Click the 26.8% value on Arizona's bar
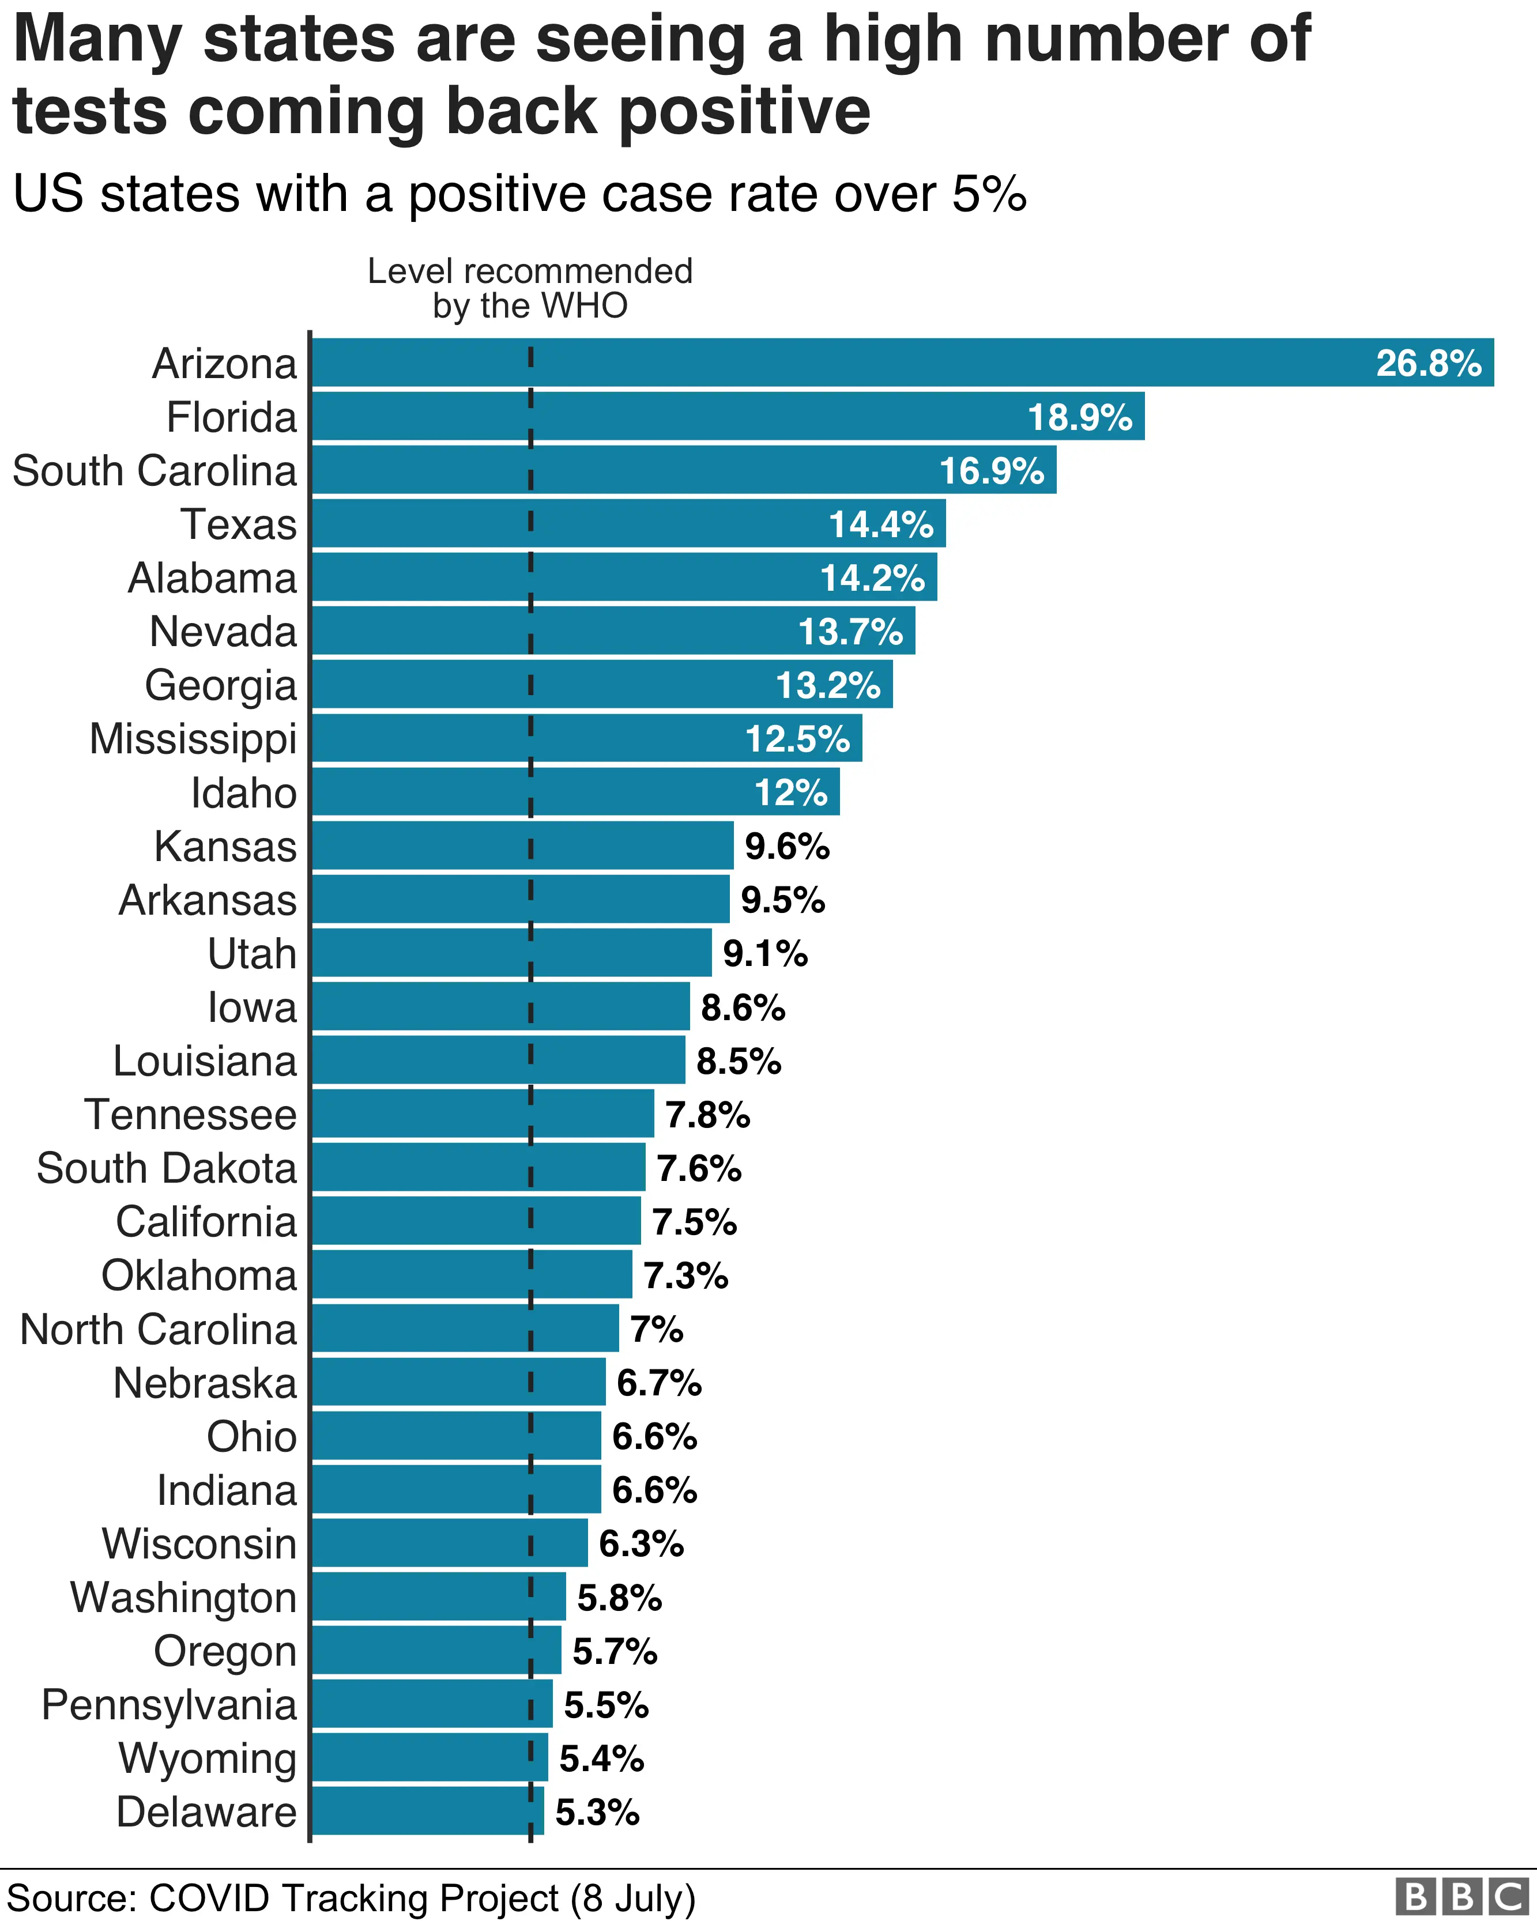tap(1427, 364)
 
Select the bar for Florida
tap(726, 417)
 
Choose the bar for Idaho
tap(575, 792)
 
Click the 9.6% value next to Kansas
tap(787, 847)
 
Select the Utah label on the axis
tap(251, 953)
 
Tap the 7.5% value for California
tap(694, 1221)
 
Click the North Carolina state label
tap(158, 1330)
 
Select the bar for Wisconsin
tap(449, 1544)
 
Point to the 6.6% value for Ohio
tap(654, 1436)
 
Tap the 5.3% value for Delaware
tap(597, 1812)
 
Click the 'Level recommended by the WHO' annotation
tap(530, 288)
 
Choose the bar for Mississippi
tap(586, 739)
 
